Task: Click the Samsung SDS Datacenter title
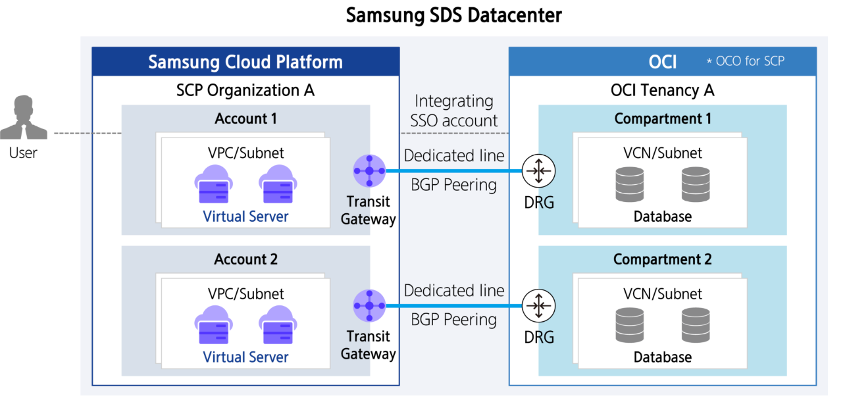(454, 15)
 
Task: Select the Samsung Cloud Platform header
(245, 62)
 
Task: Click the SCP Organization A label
(245, 90)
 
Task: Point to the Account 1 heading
(245, 118)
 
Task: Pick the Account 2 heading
(245, 259)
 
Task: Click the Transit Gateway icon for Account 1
(369, 171)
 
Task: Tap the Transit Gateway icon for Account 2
(369, 305)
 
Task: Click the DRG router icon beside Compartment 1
(539, 171)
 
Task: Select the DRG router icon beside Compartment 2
(539, 305)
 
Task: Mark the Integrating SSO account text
(454, 111)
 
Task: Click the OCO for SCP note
(745, 61)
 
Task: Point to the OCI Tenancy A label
(662, 90)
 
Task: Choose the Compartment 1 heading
(662, 118)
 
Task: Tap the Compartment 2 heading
(662, 259)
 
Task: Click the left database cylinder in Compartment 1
(630, 184)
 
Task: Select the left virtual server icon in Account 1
(213, 184)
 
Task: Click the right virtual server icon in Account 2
(277, 325)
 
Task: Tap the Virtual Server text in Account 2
(245, 357)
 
